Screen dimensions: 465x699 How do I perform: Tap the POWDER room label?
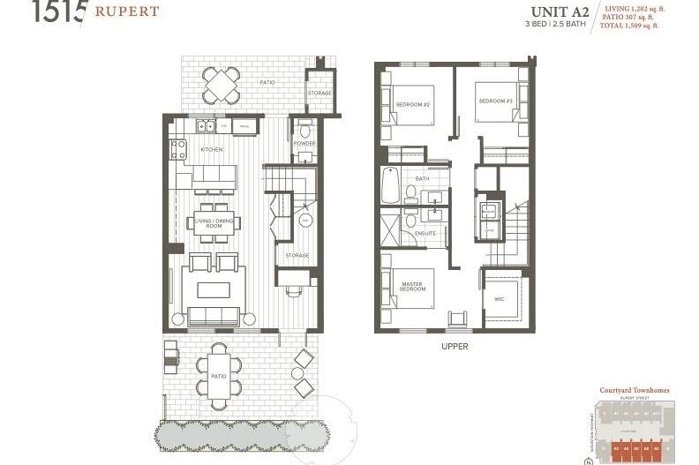point(304,143)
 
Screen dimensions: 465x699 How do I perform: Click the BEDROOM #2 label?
point(412,105)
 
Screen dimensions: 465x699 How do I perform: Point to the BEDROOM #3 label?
point(496,101)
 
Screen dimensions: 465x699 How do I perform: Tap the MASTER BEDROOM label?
point(413,287)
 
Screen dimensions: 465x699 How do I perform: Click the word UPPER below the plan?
point(455,347)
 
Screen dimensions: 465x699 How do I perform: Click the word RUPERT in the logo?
point(124,11)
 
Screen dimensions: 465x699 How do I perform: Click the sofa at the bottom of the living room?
point(213,317)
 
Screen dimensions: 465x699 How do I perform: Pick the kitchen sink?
point(205,124)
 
